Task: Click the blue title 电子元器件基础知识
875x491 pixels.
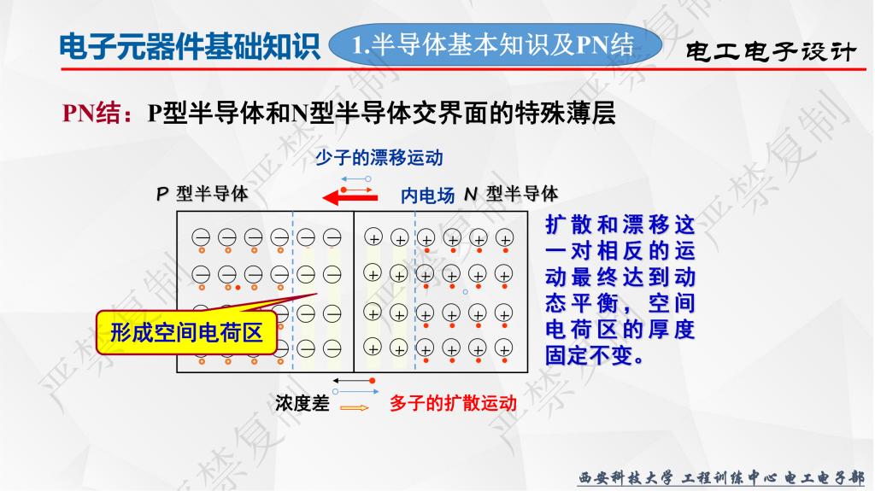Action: click(190, 46)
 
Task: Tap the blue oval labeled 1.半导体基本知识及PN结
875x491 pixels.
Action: click(495, 44)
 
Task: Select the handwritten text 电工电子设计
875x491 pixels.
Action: click(770, 51)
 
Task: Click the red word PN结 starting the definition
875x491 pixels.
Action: click(91, 114)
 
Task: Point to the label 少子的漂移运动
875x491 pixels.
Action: click(379, 158)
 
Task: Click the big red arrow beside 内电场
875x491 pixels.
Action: click(350, 197)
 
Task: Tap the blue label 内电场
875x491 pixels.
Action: click(427, 196)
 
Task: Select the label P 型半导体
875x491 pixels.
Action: click(202, 194)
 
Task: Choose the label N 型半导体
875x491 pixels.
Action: click(511, 194)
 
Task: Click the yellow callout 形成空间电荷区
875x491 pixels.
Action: click(186, 332)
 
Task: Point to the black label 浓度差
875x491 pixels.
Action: click(302, 403)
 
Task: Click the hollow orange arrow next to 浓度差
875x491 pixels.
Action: click(355, 408)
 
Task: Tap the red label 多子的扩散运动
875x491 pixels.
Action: click(453, 403)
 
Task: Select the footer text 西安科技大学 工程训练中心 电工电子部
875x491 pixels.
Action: click(721, 477)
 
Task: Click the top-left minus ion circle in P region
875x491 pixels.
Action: click(201, 237)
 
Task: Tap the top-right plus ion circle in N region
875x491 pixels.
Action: click(504, 238)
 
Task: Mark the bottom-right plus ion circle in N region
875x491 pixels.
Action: click(503, 348)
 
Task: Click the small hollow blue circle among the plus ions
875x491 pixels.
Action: click(466, 292)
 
